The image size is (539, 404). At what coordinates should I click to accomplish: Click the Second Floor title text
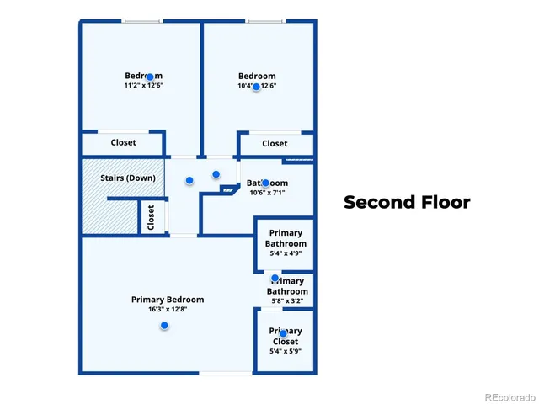point(407,202)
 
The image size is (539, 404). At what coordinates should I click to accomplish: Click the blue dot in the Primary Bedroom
point(164,325)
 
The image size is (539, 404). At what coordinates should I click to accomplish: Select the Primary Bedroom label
point(168,300)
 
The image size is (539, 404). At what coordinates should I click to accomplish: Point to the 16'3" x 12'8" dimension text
point(168,310)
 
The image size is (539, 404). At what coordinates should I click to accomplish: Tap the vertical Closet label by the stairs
point(152,217)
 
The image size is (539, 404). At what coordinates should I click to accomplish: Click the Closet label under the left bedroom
point(124,143)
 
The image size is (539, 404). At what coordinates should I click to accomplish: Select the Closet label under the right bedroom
point(275,144)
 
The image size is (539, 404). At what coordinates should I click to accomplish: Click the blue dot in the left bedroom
point(150,77)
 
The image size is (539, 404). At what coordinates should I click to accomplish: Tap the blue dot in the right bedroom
point(256,86)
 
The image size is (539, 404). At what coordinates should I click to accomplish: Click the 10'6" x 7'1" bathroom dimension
point(268,193)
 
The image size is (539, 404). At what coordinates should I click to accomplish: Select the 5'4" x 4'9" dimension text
point(285,252)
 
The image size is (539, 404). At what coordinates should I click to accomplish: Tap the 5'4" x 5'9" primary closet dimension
point(285,351)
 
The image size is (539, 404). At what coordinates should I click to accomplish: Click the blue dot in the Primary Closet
point(284,333)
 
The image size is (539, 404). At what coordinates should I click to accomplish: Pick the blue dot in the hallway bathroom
point(265,183)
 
